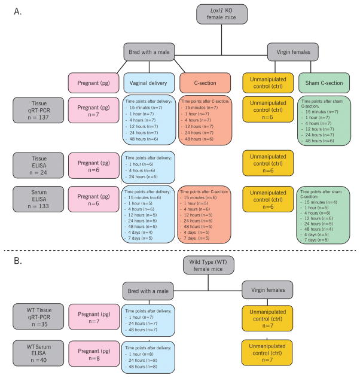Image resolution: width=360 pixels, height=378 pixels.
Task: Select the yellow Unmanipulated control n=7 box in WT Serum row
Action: pos(267,355)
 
